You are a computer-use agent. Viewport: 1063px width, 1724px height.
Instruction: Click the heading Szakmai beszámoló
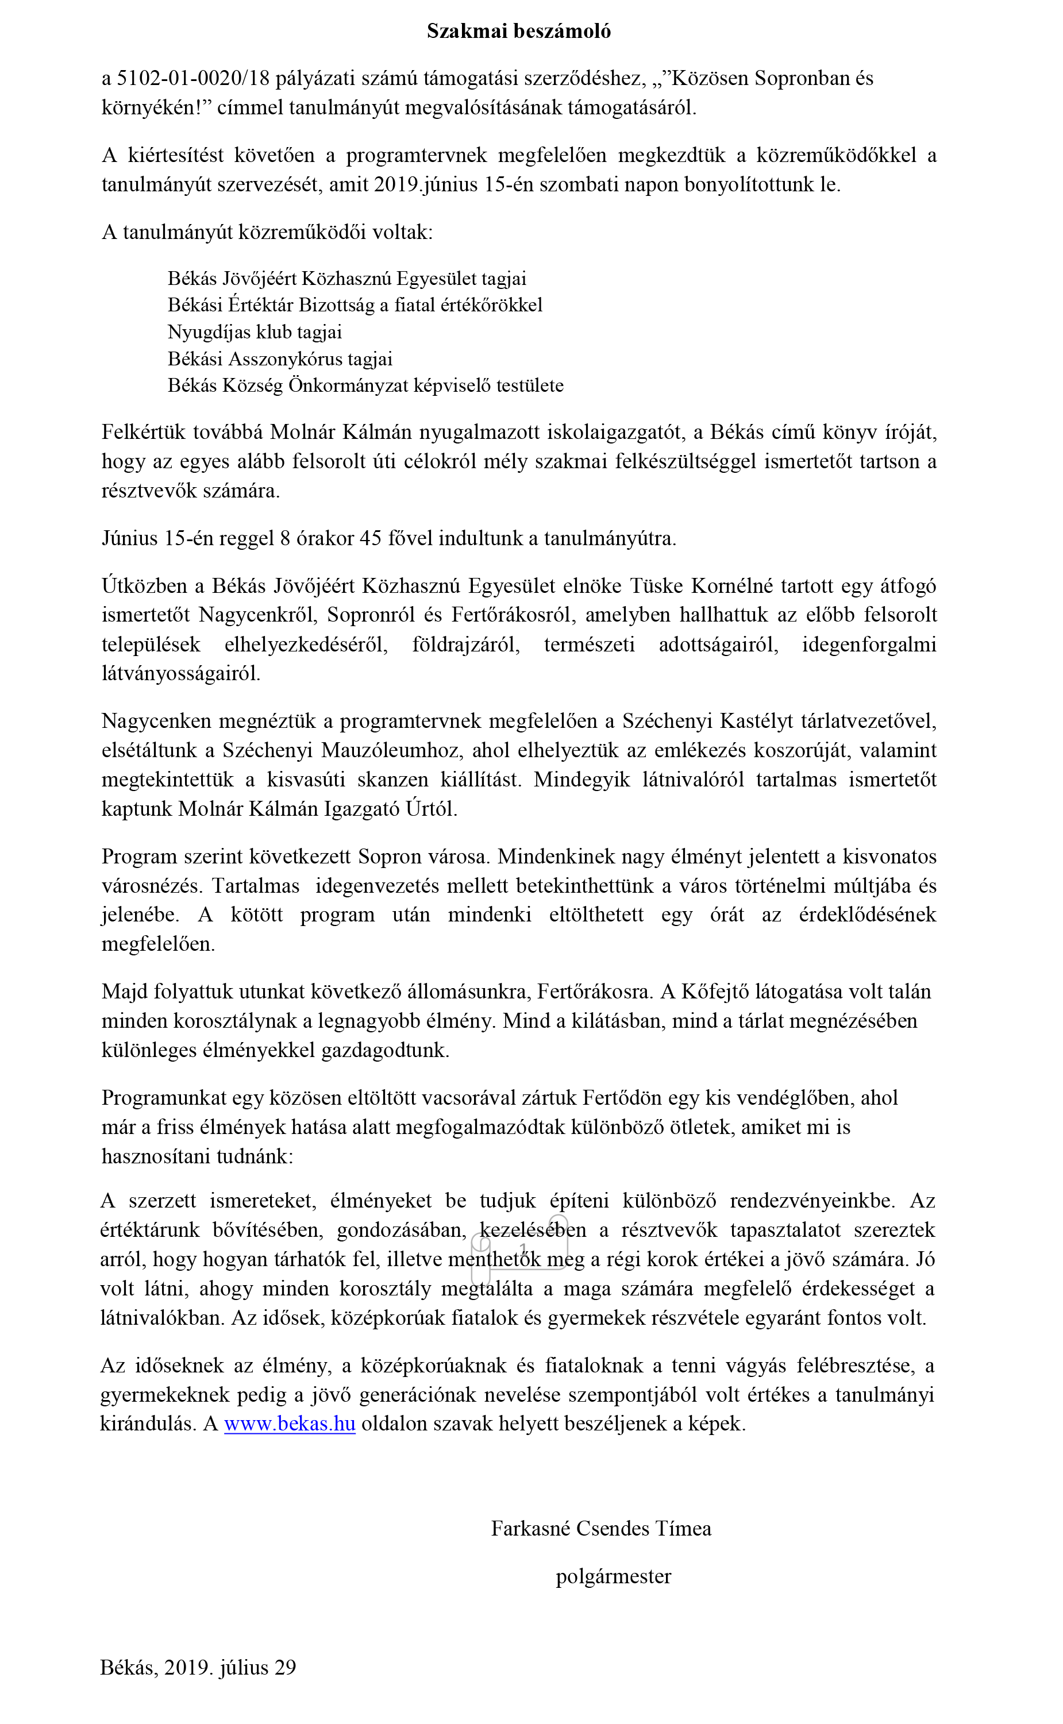point(519,31)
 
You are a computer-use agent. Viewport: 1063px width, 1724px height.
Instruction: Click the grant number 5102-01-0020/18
point(193,78)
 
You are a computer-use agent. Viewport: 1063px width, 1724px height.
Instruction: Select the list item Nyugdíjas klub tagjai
point(255,331)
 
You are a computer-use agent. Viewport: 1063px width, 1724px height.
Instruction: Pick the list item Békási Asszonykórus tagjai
point(280,359)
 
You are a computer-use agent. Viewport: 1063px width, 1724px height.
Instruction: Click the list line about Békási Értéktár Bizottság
point(355,305)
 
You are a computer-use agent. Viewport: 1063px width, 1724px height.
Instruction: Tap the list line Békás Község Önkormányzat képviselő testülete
point(365,386)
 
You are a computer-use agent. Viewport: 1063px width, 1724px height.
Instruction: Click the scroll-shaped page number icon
point(521,1249)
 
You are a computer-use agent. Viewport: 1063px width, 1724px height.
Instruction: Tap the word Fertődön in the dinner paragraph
point(622,1098)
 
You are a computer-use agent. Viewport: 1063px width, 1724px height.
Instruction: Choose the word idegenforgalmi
point(869,645)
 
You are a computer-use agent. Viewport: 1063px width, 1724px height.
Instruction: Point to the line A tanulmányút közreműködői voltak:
point(267,232)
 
